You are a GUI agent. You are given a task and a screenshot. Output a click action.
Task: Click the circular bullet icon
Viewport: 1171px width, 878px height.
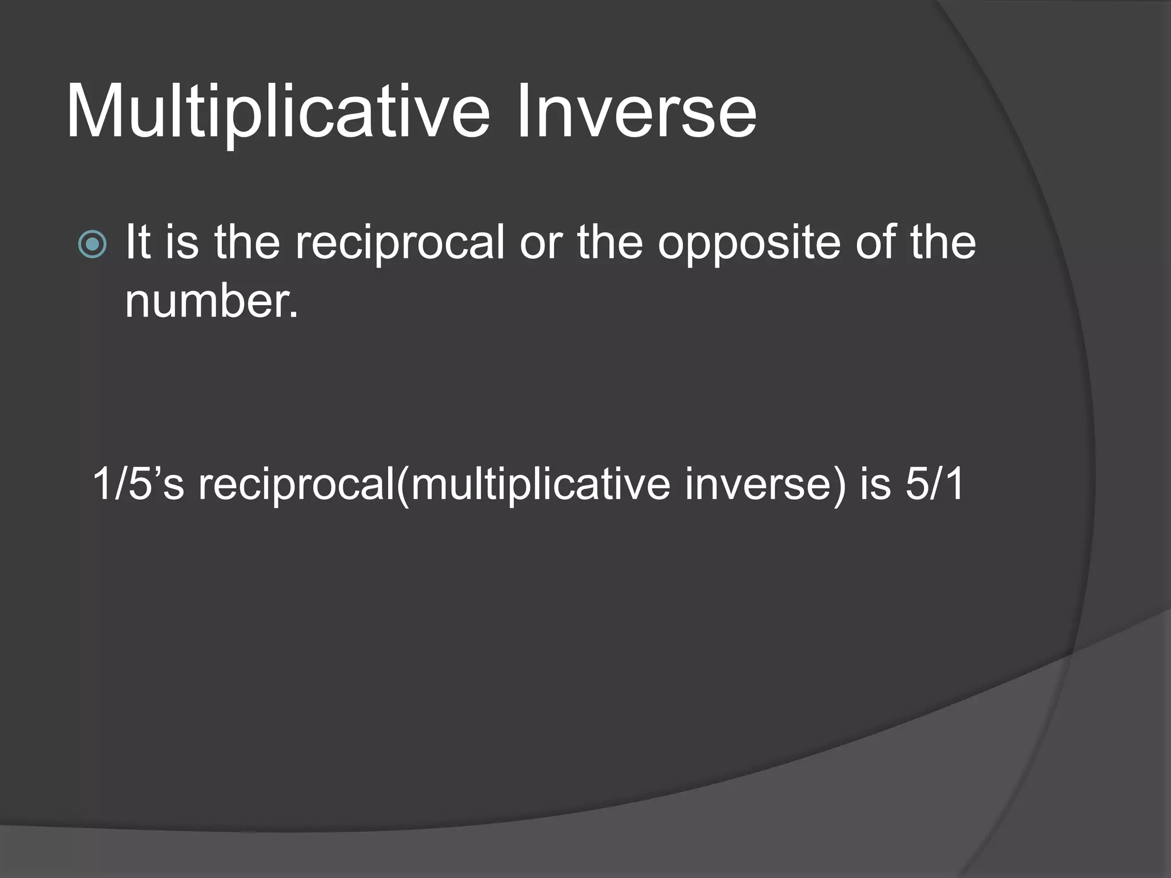click(x=92, y=244)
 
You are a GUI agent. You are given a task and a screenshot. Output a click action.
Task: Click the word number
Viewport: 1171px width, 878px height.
click(x=212, y=301)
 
